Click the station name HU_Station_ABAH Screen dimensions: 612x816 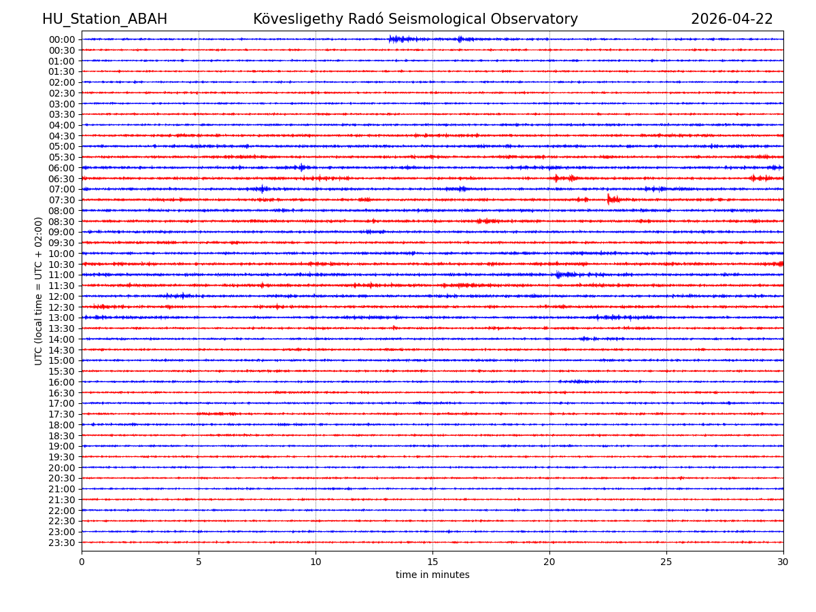tap(105, 19)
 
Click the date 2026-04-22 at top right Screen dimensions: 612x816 tap(732, 19)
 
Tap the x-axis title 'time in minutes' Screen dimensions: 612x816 tap(432, 575)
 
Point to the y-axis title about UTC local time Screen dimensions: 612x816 tap(39, 291)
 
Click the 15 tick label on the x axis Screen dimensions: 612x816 tap(432, 562)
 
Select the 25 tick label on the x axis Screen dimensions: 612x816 tap(666, 562)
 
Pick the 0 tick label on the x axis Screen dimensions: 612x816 tap(82, 562)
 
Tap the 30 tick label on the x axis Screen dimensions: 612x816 tap(783, 562)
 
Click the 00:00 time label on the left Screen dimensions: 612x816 tap(62, 39)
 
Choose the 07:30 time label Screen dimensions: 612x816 tap(62, 200)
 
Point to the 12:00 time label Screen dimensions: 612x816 tap(62, 296)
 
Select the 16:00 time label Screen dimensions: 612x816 tap(62, 382)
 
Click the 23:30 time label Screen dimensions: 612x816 tap(62, 543)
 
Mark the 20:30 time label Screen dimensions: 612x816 tap(62, 478)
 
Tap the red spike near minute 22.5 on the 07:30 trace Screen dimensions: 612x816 tap(609, 199)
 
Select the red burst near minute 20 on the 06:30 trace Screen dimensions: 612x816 tap(556, 178)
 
